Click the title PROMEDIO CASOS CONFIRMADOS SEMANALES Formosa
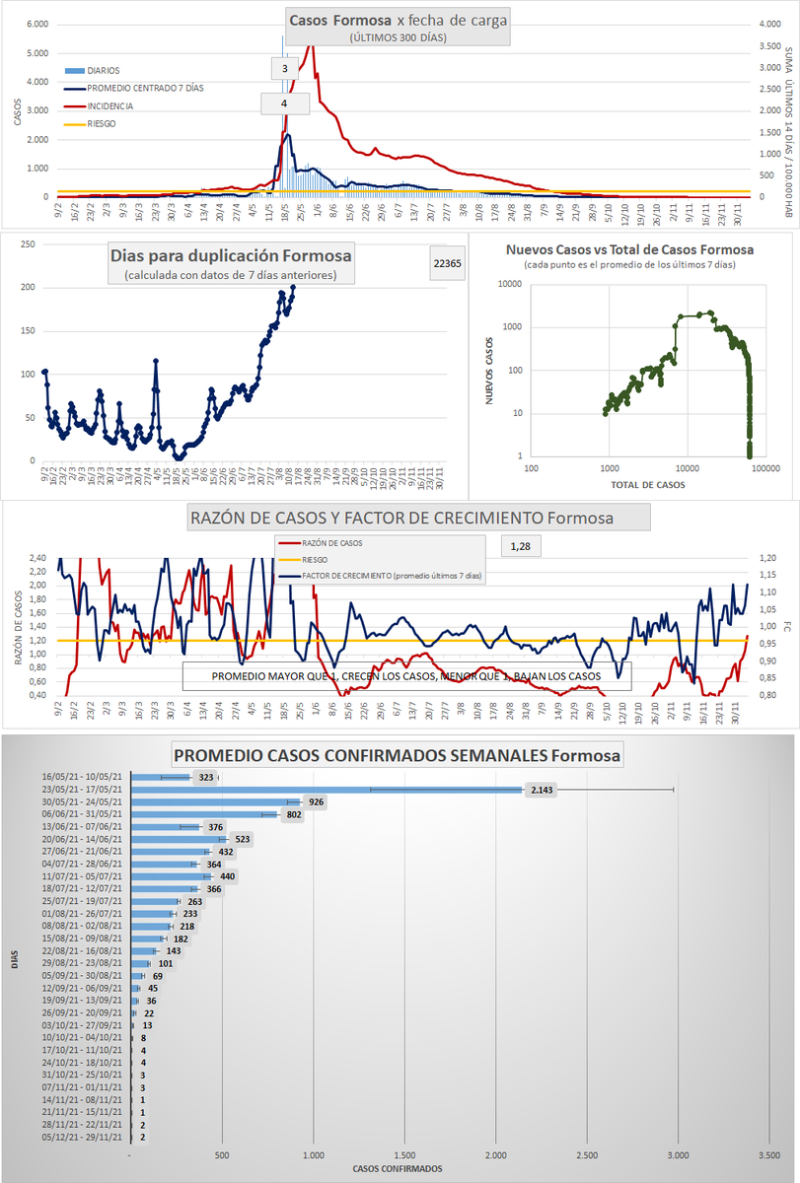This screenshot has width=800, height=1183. click(398, 756)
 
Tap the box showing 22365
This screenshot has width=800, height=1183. click(446, 263)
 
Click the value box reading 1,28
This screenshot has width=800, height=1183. click(521, 545)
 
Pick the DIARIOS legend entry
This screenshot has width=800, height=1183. click(105, 71)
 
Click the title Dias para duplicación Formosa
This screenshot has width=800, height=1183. click(231, 256)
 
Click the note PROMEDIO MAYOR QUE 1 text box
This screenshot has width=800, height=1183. click(405, 676)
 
